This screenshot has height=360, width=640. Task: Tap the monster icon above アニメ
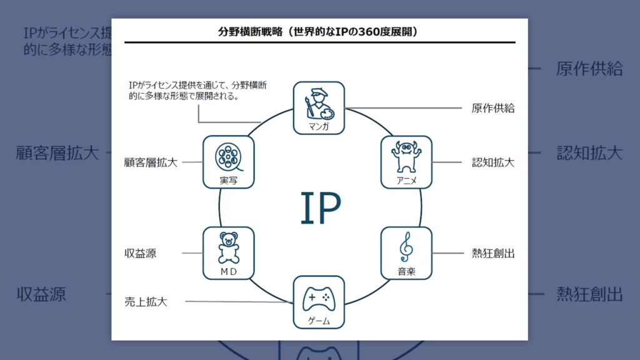(x=406, y=156)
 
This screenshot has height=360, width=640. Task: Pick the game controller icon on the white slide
(x=319, y=299)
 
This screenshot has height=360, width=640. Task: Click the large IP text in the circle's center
(x=320, y=208)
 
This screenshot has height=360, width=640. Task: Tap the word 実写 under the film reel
(x=228, y=181)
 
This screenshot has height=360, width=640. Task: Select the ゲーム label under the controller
(x=319, y=321)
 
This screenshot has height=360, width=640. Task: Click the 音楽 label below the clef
(x=406, y=272)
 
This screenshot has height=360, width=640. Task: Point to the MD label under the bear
(x=228, y=272)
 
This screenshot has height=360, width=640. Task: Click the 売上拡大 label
(x=146, y=302)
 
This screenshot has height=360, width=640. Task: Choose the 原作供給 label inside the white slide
(x=493, y=108)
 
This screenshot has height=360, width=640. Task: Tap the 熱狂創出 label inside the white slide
(x=493, y=253)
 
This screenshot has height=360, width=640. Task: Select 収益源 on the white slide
(x=140, y=253)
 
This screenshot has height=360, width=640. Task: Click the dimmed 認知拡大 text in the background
(x=589, y=153)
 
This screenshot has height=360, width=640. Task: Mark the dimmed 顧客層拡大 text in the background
(x=57, y=153)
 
